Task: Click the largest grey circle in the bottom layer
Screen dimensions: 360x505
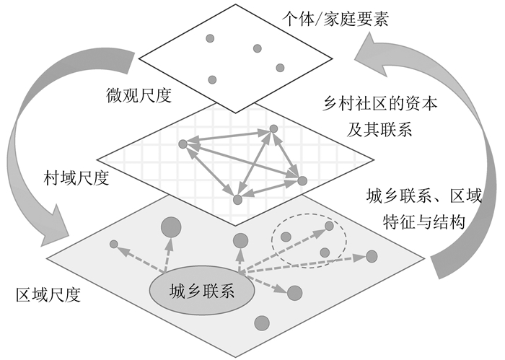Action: (171, 228)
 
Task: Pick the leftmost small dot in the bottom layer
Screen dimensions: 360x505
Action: (113, 245)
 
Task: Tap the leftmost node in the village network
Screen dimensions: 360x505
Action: (183, 144)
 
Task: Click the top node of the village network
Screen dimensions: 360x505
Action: (273, 129)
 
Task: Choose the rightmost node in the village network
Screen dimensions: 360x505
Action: (302, 180)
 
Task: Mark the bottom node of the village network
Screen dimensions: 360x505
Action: (237, 199)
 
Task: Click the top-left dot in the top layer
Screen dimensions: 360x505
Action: (210, 38)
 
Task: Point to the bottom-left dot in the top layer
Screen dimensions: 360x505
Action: (212, 80)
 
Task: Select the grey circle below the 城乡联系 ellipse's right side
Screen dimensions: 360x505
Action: (263, 322)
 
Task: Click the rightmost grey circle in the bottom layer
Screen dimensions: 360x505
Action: (372, 255)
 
